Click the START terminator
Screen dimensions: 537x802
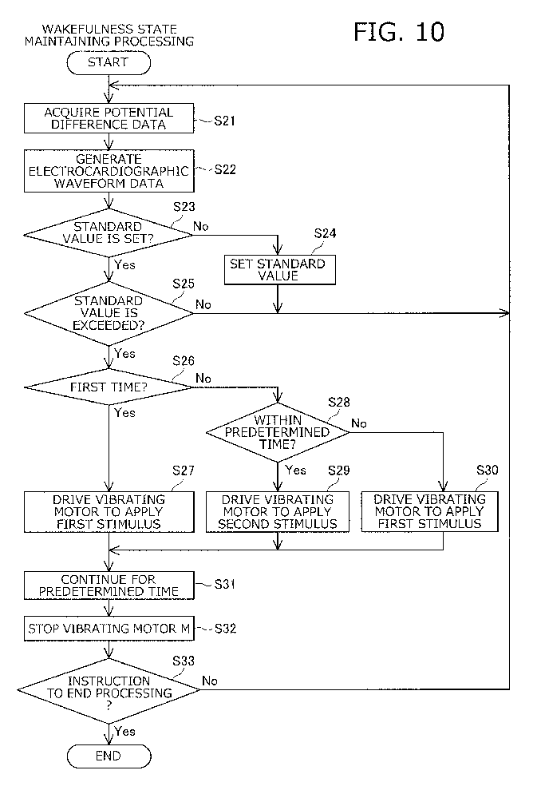(x=109, y=63)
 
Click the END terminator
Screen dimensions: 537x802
(x=109, y=756)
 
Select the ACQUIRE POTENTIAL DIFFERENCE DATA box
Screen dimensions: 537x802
(x=109, y=119)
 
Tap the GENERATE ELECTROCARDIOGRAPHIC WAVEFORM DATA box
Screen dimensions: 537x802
(x=109, y=172)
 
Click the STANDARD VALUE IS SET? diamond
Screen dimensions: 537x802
(x=109, y=233)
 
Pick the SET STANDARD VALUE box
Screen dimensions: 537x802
(x=280, y=269)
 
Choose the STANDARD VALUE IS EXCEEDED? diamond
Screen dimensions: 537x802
(x=109, y=313)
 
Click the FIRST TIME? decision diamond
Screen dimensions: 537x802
(x=109, y=387)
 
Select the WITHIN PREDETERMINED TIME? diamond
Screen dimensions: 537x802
(x=278, y=432)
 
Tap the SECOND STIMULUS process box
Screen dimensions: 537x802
(x=278, y=512)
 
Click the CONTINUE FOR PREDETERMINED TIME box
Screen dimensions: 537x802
(x=109, y=586)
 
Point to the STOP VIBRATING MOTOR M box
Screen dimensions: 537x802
(x=109, y=629)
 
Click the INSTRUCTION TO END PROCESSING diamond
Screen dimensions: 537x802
(x=109, y=690)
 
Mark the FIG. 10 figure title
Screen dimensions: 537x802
(x=399, y=32)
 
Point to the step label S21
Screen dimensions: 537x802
(x=224, y=121)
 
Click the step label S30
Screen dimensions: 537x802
(x=487, y=470)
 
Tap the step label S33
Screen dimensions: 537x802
(x=184, y=661)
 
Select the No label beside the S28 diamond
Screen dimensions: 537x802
(x=359, y=423)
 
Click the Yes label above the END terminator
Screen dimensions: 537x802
(x=124, y=732)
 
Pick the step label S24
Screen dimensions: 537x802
(x=325, y=234)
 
